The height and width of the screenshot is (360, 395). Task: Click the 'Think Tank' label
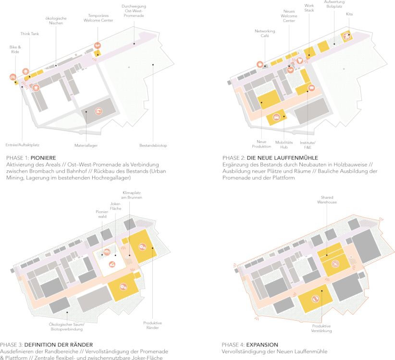(30, 34)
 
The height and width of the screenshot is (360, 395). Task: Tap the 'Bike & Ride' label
(15, 49)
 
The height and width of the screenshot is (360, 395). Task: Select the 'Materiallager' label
(86, 145)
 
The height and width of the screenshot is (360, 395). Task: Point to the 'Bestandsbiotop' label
(153, 145)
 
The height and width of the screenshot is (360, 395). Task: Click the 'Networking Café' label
(265, 34)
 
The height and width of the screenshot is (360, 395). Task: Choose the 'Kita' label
(349, 14)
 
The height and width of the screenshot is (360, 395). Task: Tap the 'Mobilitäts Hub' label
(284, 144)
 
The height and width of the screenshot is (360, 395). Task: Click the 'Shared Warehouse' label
(327, 200)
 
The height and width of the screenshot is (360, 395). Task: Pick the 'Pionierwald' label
(102, 214)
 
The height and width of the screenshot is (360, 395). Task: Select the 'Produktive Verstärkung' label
(321, 328)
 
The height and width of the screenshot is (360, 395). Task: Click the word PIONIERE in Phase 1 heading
(43, 158)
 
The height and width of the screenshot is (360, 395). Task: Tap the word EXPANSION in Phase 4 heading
(262, 345)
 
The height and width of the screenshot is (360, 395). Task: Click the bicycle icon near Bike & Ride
(13, 77)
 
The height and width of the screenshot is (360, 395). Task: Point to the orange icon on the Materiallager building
(99, 111)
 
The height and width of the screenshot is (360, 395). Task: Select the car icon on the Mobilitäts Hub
(277, 117)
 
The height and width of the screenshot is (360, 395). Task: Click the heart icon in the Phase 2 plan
(299, 60)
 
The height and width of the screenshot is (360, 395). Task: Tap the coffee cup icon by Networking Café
(260, 64)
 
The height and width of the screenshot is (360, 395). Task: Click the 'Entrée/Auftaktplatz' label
(23, 145)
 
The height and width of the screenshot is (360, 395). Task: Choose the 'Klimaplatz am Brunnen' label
(132, 195)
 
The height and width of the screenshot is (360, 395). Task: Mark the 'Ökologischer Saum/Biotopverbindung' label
(66, 327)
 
